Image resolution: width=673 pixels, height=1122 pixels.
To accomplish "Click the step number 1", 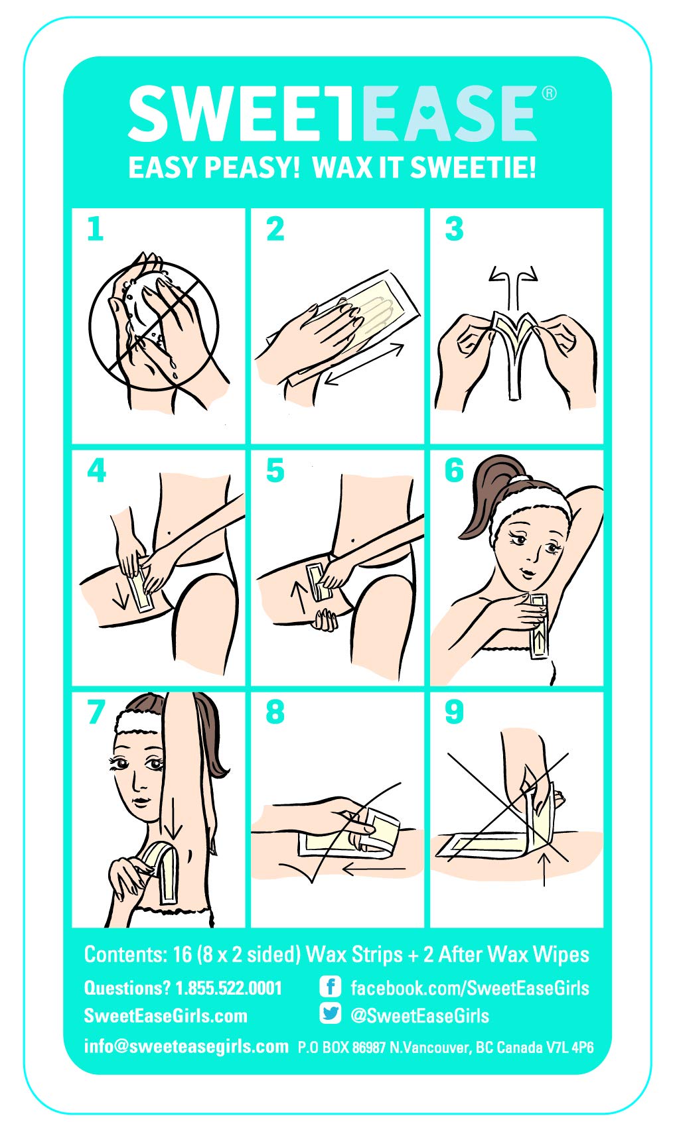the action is pos(95,229).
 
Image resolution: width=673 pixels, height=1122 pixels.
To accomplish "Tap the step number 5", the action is pos(275,470).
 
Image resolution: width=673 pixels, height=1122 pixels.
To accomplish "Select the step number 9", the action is pos(454,712).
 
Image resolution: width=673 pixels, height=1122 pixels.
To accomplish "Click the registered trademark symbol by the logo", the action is pos(549,93).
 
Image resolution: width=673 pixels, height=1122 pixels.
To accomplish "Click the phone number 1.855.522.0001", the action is pos(228,988).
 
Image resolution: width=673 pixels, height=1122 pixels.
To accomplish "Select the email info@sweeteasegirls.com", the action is pos(186,1046).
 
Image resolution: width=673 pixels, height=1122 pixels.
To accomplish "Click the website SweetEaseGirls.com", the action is pos(165,1016).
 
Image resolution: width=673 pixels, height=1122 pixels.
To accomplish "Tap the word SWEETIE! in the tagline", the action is pos(473,167).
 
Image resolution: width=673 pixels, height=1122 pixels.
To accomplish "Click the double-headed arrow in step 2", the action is pos(364,363).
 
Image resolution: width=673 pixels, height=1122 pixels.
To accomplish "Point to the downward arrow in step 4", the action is pos(120,594).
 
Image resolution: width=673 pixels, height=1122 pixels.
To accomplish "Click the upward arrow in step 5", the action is pos(299,598).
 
